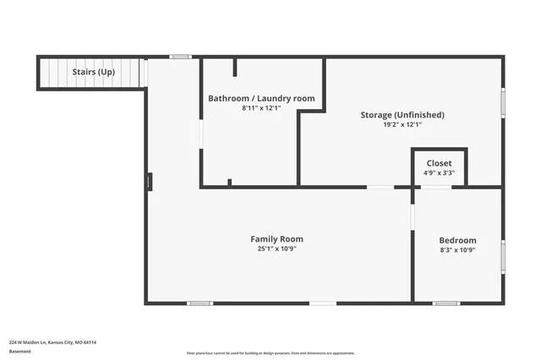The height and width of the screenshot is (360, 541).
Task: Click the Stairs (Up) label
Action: (94, 72)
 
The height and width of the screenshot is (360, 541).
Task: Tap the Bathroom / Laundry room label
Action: (261, 99)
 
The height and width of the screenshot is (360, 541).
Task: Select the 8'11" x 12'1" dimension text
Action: (261, 108)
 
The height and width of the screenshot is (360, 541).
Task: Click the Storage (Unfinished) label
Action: (402, 115)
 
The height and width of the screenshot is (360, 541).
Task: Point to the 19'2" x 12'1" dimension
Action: (402, 124)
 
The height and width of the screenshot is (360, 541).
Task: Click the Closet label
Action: (439, 163)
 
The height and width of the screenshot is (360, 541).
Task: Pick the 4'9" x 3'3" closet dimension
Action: (439, 172)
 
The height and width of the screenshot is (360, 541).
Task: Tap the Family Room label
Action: (276, 239)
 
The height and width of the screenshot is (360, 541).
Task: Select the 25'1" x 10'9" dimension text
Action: (276, 248)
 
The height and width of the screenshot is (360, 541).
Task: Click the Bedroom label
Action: (457, 240)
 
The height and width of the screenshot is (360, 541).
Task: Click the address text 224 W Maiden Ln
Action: (52, 342)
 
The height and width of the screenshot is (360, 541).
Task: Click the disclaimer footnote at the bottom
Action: (270, 353)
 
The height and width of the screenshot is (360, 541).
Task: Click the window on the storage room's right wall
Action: (503, 102)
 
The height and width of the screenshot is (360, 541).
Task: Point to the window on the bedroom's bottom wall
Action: (445, 303)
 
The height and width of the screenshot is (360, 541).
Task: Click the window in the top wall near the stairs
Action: (180, 57)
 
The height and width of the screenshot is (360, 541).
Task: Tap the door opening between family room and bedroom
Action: (413, 216)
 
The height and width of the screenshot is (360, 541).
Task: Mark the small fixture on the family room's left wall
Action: (149, 182)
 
